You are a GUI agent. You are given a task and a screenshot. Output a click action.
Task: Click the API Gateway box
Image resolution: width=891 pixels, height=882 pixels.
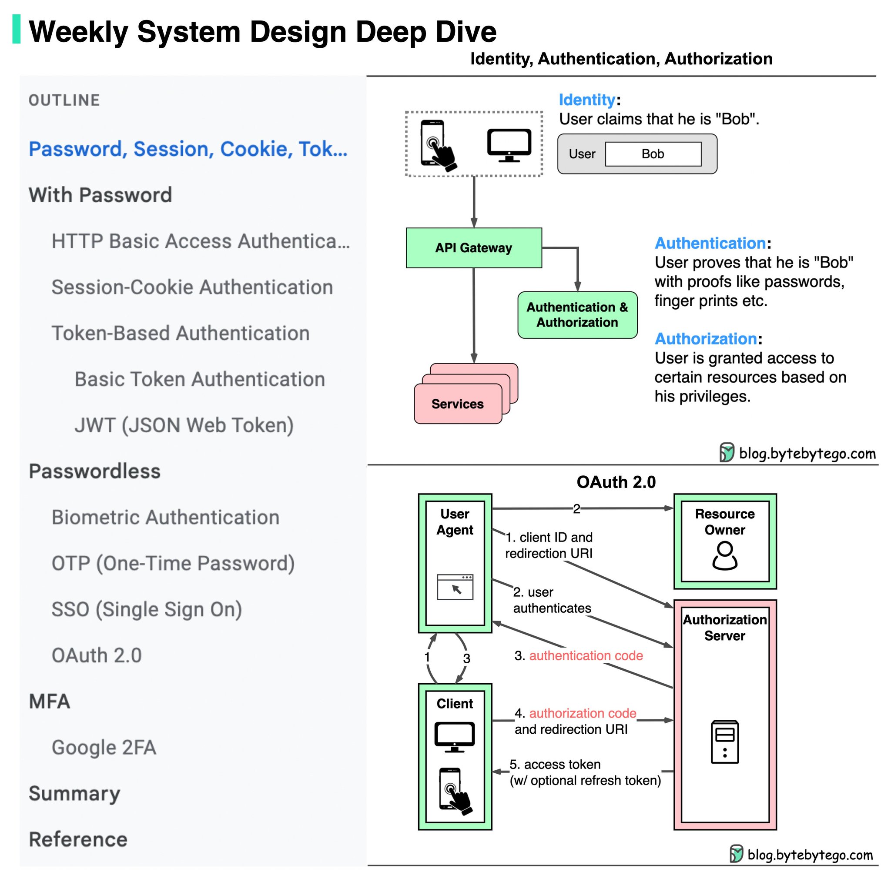click(x=474, y=247)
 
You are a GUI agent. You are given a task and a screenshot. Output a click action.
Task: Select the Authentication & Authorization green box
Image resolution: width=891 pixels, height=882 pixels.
click(x=577, y=315)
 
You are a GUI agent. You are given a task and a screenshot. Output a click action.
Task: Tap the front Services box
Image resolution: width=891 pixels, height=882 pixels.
click(x=458, y=404)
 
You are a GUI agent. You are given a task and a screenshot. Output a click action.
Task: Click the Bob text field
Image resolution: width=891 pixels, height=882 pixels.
click(x=653, y=154)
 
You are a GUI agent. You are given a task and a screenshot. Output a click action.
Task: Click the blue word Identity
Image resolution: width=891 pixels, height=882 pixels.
click(x=586, y=100)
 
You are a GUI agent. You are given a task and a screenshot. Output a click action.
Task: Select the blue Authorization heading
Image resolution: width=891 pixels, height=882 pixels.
click(x=706, y=339)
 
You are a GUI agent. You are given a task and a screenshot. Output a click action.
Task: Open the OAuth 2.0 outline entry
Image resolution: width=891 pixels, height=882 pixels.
click(x=97, y=655)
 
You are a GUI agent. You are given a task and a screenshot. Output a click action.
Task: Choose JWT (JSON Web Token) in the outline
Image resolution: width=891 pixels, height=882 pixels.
click(x=184, y=425)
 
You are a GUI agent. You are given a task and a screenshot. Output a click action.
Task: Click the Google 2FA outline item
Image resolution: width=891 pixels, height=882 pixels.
click(x=104, y=747)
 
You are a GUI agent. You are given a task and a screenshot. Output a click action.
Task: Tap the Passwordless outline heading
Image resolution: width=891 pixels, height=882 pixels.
click(x=94, y=471)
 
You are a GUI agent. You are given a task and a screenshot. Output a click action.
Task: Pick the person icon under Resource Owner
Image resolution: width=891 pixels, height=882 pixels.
click(x=724, y=555)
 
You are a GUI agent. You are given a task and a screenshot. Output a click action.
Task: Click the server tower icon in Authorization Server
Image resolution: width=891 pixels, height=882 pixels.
click(x=724, y=742)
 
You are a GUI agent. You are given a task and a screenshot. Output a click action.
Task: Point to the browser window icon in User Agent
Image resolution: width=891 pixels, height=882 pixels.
click(x=455, y=587)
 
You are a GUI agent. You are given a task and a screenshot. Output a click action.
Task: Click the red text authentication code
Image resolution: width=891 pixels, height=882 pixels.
click(x=586, y=655)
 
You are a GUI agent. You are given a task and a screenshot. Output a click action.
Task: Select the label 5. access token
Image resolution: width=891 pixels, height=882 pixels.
click(x=555, y=765)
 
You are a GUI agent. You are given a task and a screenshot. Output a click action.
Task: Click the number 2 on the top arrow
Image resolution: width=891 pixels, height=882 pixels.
click(x=576, y=508)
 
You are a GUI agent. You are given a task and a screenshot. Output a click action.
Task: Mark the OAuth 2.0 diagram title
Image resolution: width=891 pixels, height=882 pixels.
click(x=616, y=482)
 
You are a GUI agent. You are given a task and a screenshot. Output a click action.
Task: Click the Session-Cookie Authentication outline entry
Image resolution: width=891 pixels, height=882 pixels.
click(x=192, y=287)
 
